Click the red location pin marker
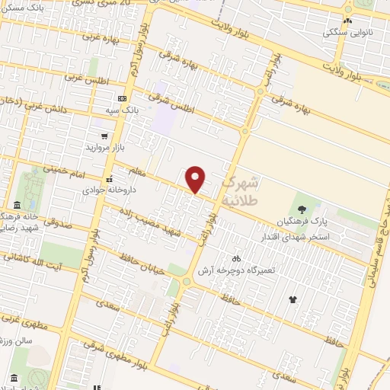[197, 179]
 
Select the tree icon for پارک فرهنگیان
[302, 209]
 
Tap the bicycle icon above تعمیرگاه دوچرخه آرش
[236, 258]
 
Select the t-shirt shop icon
[293, 299]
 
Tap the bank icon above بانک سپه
[122, 99]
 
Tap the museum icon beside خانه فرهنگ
[18, 204]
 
